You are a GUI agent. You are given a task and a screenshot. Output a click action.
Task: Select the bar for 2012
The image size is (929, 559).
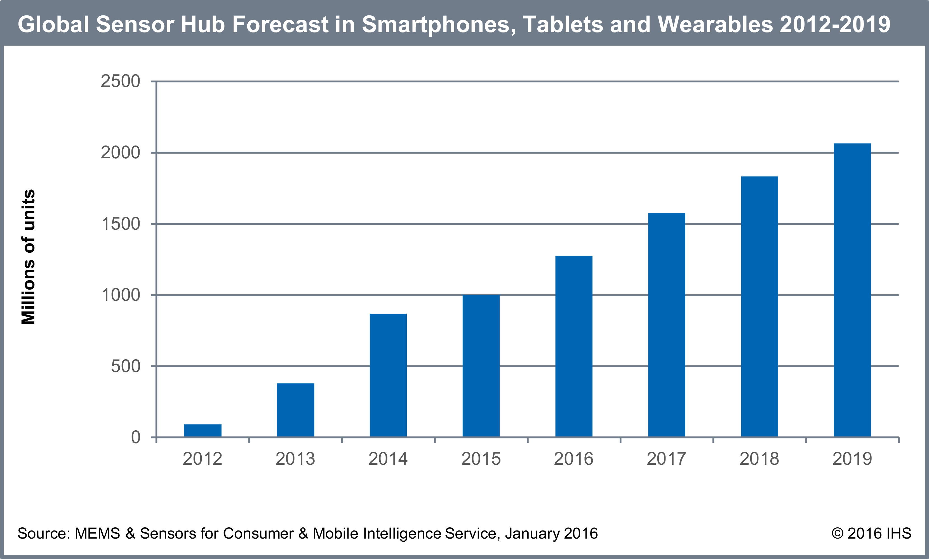click(x=203, y=431)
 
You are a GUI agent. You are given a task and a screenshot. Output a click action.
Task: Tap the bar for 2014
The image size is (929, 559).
click(x=388, y=375)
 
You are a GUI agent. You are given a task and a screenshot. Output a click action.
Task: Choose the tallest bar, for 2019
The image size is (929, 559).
click(x=852, y=290)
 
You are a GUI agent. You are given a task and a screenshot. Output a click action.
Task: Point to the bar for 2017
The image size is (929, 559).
click(x=667, y=325)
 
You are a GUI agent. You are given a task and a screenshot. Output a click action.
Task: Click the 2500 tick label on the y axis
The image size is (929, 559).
click(x=121, y=81)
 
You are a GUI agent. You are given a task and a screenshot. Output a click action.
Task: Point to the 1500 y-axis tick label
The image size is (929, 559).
click(x=121, y=224)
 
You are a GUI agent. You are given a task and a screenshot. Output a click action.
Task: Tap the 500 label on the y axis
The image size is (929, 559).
click(x=125, y=366)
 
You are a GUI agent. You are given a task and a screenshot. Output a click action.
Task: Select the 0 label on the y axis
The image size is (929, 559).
click(x=136, y=437)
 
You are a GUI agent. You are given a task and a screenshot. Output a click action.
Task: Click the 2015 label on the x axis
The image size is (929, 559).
click(x=481, y=459)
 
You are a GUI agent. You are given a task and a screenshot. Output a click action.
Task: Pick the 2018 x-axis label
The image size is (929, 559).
click(x=759, y=459)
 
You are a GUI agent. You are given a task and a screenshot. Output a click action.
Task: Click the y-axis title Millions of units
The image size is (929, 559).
click(x=28, y=257)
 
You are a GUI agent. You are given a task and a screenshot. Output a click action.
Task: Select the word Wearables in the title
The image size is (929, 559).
click(x=715, y=25)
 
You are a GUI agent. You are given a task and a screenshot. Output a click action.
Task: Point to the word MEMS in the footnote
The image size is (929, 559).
click(x=97, y=533)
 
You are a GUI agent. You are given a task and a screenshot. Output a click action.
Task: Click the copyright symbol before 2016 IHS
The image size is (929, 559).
click(x=837, y=533)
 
